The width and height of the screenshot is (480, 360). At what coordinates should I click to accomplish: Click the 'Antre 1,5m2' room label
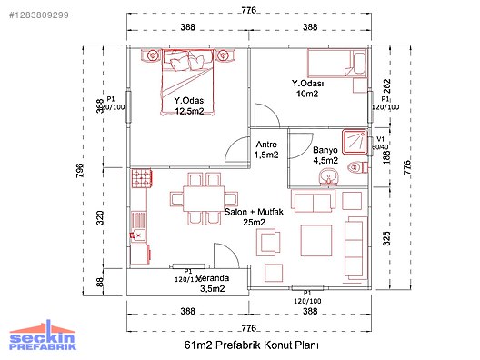coord(266,149)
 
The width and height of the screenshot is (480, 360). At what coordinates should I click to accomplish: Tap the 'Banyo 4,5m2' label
coord(325,155)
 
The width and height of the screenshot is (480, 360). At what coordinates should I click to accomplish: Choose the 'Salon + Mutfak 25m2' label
coord(245,215)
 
